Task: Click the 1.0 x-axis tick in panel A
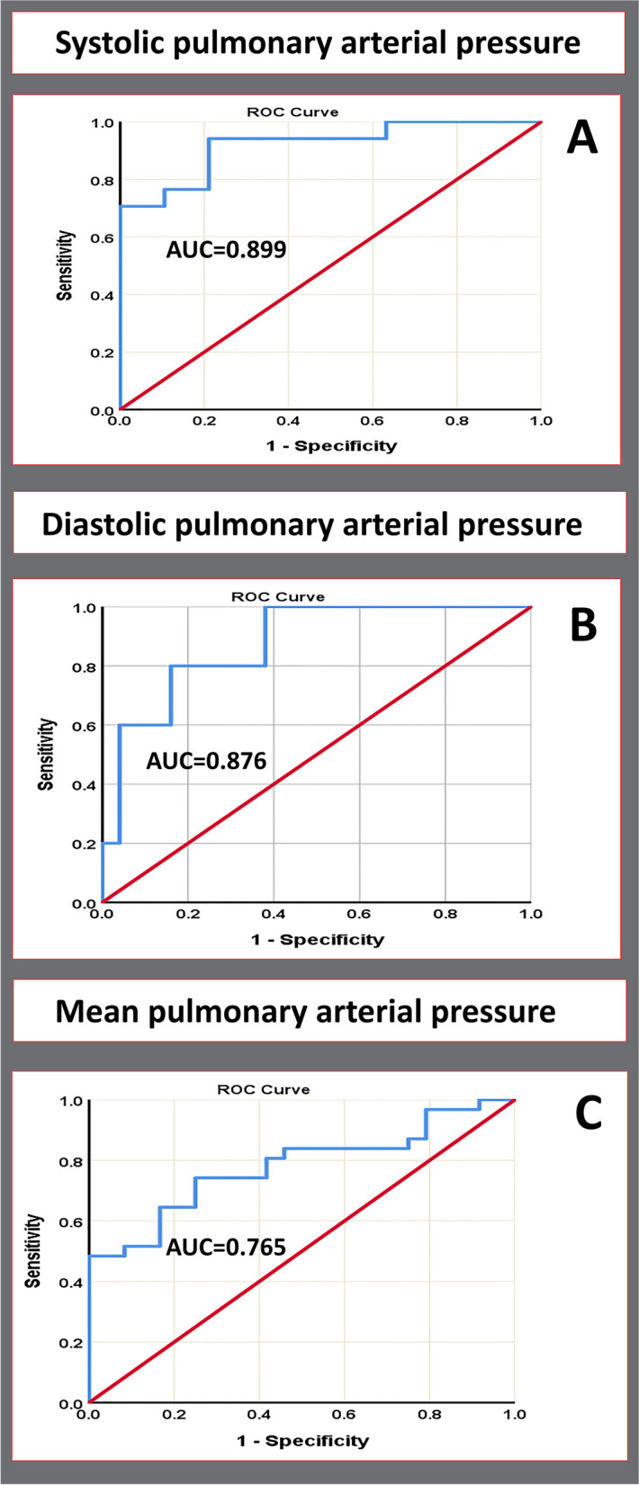click(541, 420)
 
